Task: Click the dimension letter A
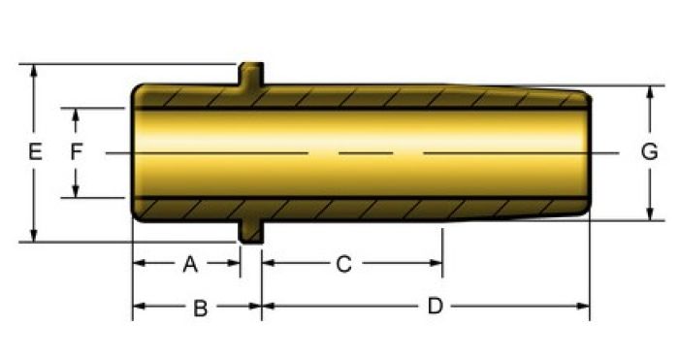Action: pos(190,264)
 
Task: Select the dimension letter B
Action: pos(201,309)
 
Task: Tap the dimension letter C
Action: pos(343,264)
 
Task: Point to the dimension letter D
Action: pos(436,306)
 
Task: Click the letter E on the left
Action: pos(36,152)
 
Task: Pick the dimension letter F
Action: pos(77,152)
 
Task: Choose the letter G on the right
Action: pos(650,152)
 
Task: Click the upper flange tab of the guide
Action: pos(251,74)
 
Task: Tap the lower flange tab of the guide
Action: pos(251,232)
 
